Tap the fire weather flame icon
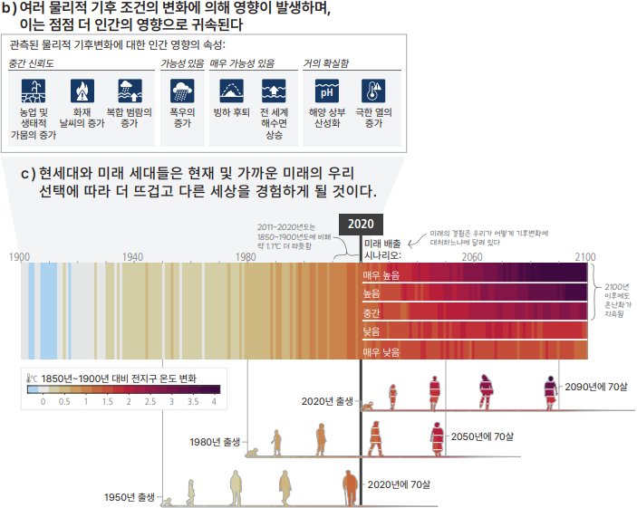pyautogui.click(x=82, y=92)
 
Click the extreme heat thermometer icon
pyautogui.click(x=373, y=92)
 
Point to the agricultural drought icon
pyautogui.click(x=34, y=92)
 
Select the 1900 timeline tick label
pyautogui.click(x=20, y=257)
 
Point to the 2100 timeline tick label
pyautogui.click(x=584, y=257)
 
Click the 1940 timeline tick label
pyautogui.click(x=133, y=257)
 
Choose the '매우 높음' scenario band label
pyautogui.click(x=381, y=274)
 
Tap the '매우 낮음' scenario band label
pyautogui.click(x=381, y=351)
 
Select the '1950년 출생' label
pyautogui.click(x=130, y=497)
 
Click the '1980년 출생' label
pyautogui.click(x=216, y=442)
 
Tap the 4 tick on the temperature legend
pyautogui.click(x=215, y=400)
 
